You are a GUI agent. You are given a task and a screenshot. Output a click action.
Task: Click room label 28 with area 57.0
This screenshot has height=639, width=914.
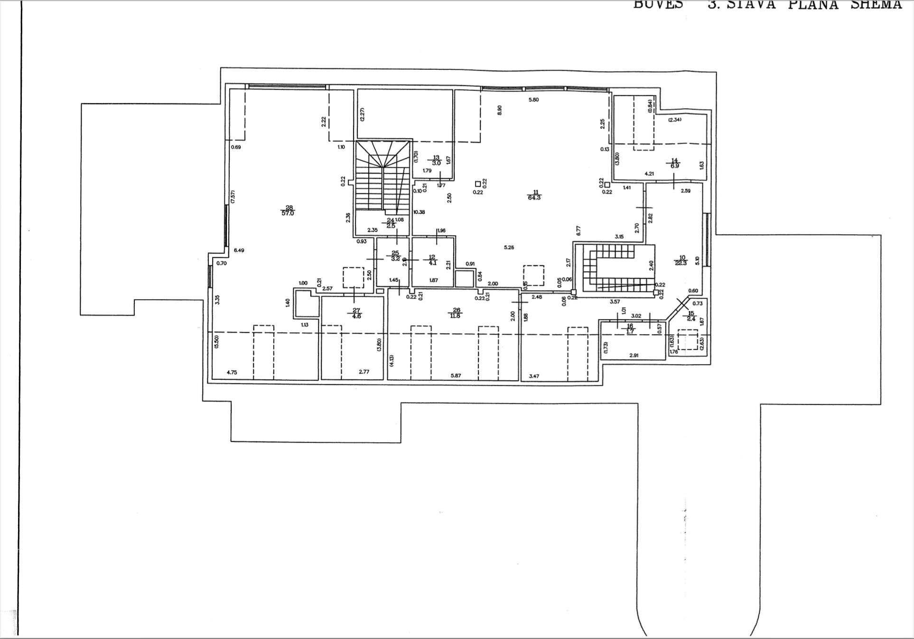click(x=288, y=210)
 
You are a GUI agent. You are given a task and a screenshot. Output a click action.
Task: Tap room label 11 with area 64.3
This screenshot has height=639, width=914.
click(x=534, y=195)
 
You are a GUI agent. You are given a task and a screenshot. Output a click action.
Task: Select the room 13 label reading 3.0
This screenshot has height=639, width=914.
click(x=436, y=160)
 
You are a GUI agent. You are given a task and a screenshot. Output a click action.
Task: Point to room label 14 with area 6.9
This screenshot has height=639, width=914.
click(x=674, y=164)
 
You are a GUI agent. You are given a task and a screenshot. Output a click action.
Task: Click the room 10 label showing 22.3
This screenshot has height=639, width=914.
click(x=681, y=260)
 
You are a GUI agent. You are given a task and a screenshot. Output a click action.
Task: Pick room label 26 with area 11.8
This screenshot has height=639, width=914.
click(x=456, y=313)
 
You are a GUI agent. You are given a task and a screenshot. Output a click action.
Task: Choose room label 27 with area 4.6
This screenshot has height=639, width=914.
click(x=356, y=313)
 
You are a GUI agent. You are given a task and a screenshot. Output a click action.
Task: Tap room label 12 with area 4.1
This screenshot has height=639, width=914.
click(x=432, y=260)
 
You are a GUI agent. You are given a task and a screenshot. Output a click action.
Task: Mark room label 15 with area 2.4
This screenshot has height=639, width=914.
click(x=691, y=316)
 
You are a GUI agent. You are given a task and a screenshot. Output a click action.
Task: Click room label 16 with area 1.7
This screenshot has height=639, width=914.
click(x=630, y=329)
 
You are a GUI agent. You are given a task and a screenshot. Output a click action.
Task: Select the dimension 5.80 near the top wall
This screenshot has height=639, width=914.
click(x=534, y=100)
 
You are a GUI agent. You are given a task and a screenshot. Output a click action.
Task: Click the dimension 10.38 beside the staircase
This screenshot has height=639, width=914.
click(x=419, y=212)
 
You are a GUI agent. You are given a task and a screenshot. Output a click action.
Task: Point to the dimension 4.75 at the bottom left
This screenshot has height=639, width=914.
click(x=232, y=373)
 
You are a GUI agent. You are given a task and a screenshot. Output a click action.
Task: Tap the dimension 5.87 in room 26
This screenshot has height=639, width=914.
click(x=456, y=376)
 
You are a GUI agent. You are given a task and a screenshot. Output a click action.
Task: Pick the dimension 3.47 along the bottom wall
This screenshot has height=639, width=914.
click(x=534, y=376)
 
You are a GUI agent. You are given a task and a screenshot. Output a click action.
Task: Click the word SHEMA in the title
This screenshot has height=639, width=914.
click(x=876, y=5)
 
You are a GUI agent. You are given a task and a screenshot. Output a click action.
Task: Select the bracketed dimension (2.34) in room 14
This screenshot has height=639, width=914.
click(x=675, y=120)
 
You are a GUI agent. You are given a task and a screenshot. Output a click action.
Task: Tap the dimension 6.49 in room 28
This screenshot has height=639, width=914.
click(x=239, y=250)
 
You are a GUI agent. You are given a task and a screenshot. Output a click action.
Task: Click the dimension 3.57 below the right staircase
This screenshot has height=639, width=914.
click(x=615, y=301)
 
